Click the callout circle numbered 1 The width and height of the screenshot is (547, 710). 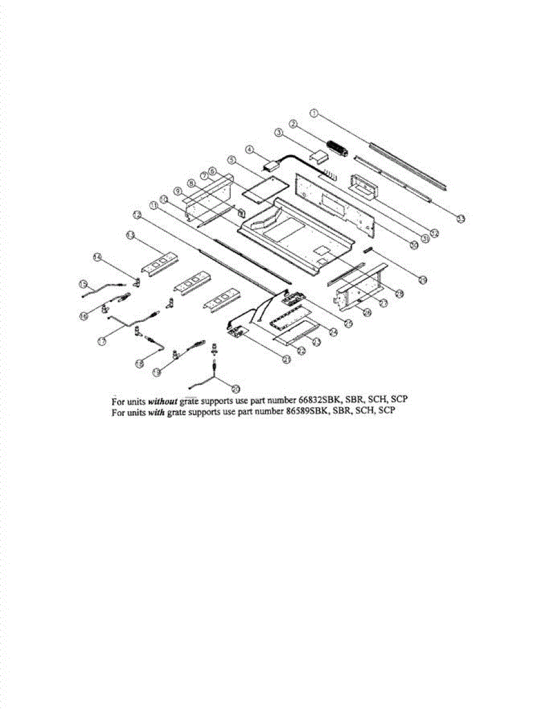[x=315, y=112]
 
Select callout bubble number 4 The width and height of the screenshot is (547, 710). [x=250, y=150]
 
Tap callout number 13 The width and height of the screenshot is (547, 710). [x=131, y=235]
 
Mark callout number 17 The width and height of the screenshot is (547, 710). [x=102, y=341]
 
